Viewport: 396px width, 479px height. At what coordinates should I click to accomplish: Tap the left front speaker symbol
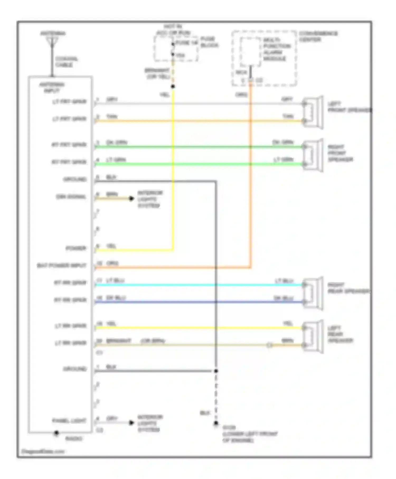point(313,112)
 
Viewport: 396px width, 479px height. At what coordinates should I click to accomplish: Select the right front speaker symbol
point(313,155)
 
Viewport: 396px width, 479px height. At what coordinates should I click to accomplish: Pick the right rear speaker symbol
point(313,293)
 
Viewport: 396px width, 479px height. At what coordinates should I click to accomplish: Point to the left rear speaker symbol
point(313,336)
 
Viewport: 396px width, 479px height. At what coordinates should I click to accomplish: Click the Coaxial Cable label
point(66,62)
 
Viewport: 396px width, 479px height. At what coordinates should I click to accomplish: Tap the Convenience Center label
point(318,36)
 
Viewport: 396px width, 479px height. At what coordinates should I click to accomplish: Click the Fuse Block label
point(209,42)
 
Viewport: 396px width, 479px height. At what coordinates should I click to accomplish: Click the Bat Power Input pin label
point(62,265)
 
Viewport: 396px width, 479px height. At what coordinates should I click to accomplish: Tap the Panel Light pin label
point(69,421)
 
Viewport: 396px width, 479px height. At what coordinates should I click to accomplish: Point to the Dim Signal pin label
point(71,197)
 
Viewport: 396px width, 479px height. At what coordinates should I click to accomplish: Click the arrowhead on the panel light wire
point(131,423)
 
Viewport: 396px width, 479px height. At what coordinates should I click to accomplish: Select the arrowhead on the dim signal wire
point(131,199)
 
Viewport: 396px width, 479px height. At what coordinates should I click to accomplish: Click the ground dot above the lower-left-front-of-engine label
point(216,423)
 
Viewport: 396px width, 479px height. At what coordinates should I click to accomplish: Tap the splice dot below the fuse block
point(173,86)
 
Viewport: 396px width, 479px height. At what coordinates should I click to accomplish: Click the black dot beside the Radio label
point(56,433)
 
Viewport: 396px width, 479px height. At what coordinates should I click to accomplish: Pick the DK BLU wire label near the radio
point(116,298)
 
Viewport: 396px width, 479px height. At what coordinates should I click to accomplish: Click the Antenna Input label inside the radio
point(52,87)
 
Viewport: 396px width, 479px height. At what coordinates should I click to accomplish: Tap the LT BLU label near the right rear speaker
point(284,281)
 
